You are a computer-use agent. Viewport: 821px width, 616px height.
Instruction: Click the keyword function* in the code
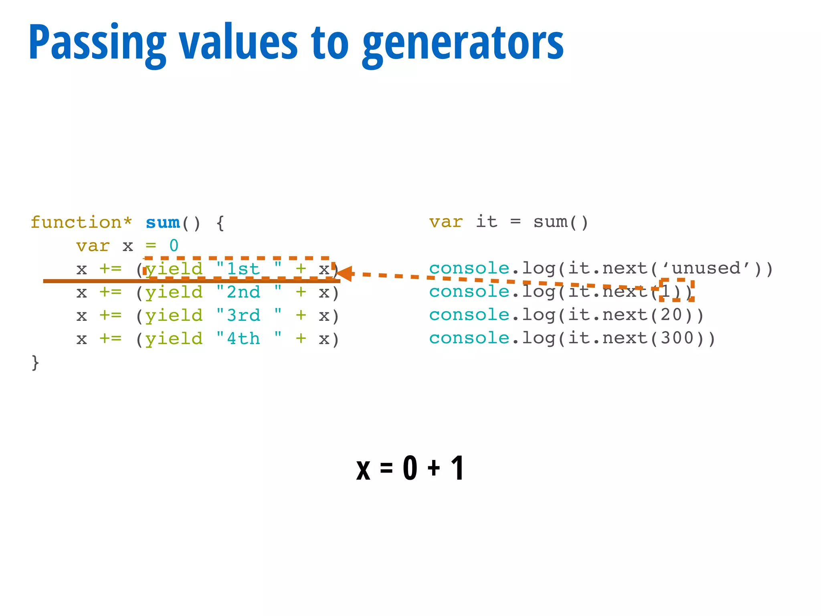pos(81,222)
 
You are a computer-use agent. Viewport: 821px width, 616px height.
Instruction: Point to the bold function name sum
pos(163,222)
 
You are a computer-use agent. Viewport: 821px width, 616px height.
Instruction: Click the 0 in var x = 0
pos(174,245)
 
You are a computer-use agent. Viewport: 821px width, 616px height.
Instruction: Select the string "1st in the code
pos(238,269)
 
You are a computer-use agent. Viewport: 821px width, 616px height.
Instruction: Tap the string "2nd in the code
pos(238,292)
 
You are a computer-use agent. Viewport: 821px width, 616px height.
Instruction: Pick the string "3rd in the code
pos(238,315)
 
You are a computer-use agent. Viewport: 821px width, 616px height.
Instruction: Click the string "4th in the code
pos(238,338)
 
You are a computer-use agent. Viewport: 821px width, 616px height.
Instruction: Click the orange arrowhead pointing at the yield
pos(344,274)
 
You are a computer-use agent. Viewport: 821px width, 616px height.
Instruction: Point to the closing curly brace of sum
pos(35,362)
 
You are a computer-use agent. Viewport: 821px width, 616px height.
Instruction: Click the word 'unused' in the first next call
pos(706,268)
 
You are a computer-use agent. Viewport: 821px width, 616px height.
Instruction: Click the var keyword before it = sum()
pos(446,222)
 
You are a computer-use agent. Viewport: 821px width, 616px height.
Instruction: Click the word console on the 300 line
pos(469,338)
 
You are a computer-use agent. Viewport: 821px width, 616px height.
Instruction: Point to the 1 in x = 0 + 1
pos(457,468)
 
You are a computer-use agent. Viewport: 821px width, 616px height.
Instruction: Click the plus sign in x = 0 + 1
pos(433,468)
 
